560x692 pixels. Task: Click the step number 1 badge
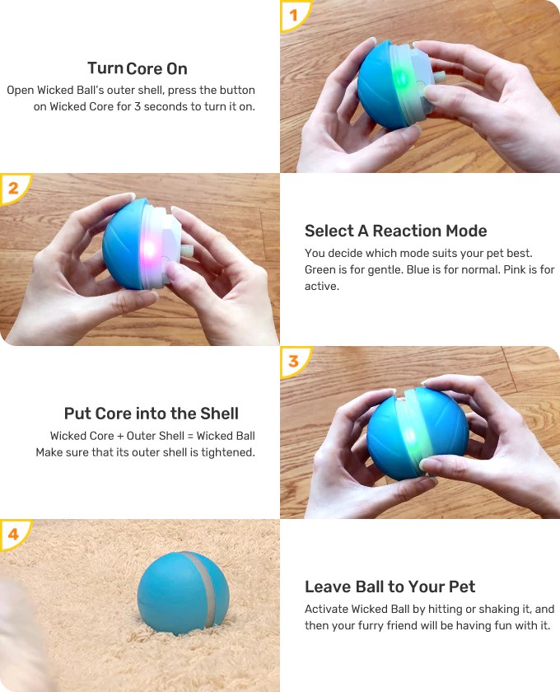[292, 15]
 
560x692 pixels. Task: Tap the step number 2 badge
[13, 188]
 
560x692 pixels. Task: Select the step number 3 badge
[293, 361]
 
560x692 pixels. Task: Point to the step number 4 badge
[13, 534]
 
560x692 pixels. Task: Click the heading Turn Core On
[138, 68]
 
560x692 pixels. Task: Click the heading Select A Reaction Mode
[395, 231]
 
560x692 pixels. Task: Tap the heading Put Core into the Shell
[152, 414]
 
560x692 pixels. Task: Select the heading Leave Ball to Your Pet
[390, 587]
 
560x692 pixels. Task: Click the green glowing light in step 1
[400, 79]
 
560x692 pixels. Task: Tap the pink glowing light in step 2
[149, 250]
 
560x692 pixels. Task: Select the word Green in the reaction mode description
[320, 269]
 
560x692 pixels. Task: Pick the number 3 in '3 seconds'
[138, 107]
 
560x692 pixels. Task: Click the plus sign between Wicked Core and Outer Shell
[120, 436]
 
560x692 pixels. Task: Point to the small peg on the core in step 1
[440, 77]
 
